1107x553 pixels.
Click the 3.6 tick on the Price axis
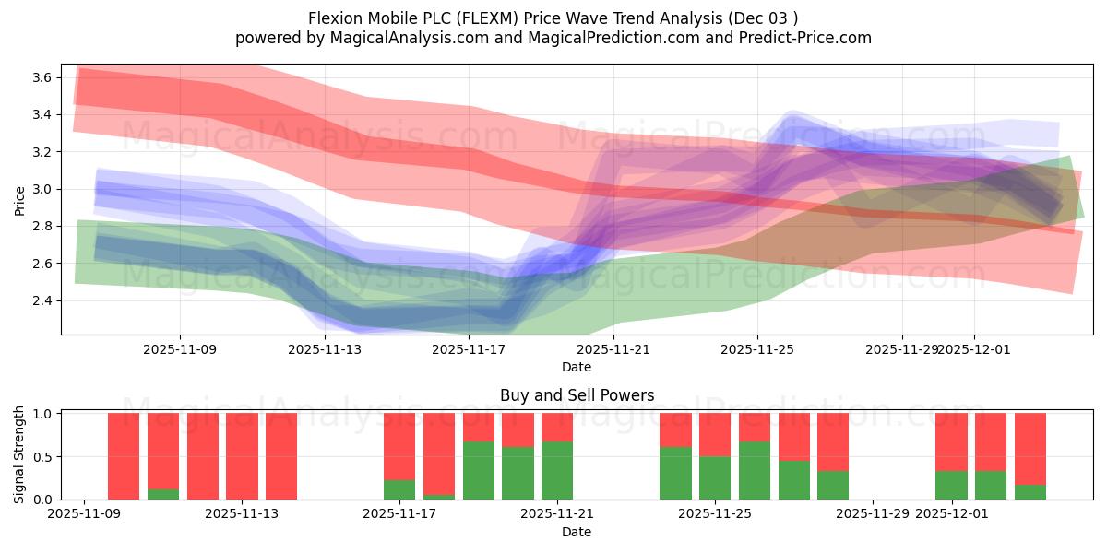tap(40, 77)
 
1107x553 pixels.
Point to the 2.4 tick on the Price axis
tap(40, 300)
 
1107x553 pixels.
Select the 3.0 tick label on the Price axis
tap(40, 189)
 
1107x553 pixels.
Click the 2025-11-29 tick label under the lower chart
tap(873, 514)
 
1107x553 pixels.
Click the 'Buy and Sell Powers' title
tap(577, 395)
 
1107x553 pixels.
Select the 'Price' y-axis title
tap(20, 199)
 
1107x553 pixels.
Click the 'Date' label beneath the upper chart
tap(577, 367)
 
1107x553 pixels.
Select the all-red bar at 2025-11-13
tap(242, 456)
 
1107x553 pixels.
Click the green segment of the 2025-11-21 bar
tap(557, 470)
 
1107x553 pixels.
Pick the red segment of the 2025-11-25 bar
tap(715, 434)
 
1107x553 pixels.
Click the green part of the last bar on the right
tap(1030, 492)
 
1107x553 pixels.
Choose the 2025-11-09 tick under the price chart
tap(180, 349)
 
